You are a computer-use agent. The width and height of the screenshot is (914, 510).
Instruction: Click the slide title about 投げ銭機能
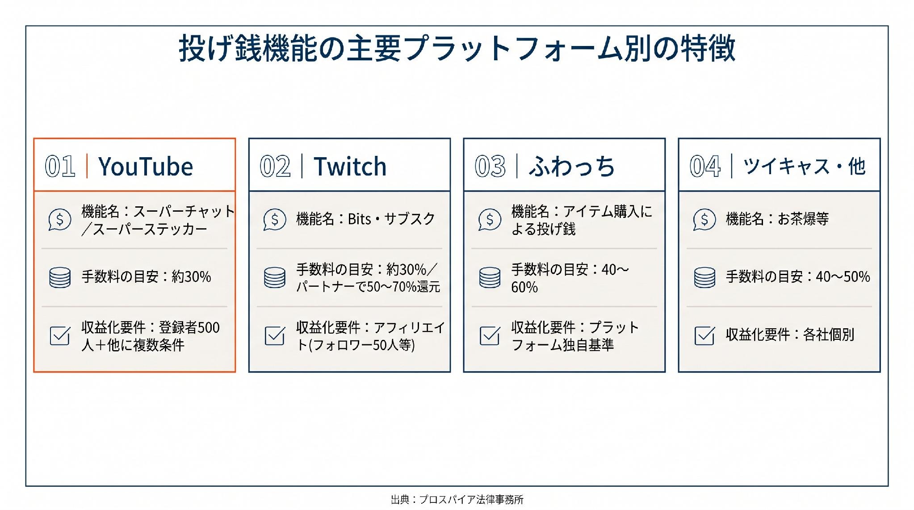click(x=457, y=48)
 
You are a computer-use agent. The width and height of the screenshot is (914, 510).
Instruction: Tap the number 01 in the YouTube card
click(x=60, y=167)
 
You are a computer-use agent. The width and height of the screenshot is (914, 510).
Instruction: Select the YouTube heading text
click(x=146, y=167)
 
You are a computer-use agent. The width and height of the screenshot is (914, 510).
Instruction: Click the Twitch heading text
click(x=350, y=167)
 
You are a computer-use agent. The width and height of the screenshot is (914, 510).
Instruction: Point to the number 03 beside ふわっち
click(x=490, y=167)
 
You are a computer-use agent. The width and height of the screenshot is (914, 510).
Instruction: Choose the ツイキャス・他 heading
click(x=804, y=167)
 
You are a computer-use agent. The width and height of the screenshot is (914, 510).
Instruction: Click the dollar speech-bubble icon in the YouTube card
click(x=60, y=220)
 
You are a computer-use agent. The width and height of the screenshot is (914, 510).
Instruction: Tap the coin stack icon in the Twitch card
click(x=275, y=277)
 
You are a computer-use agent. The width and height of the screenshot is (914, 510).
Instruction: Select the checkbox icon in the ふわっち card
click(x=490, y=335)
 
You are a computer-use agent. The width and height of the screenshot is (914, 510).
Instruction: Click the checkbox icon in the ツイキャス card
click(x=705, y=335)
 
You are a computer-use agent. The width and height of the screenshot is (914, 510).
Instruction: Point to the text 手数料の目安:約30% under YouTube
click(x=146, y=277)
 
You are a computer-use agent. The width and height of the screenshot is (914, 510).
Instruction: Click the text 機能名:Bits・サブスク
click(x=365, y=219)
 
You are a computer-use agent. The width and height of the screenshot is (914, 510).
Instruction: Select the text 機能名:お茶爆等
click(x=777, y=219)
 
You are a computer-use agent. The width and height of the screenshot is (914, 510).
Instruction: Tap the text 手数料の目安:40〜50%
click(x=798, y=277)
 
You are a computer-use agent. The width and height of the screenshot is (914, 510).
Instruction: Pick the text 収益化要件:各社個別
click(x=790, y=334)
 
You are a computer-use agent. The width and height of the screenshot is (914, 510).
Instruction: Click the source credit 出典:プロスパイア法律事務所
click(x=457, y=499)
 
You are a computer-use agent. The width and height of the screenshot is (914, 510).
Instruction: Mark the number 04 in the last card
click(x=705, y=167)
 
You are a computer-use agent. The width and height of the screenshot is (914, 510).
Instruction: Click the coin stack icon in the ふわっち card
click(x=490, y=277)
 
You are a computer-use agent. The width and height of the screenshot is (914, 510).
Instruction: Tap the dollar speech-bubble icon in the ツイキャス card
click(x=704, y=220)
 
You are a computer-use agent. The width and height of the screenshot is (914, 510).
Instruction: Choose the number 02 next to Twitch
click(x=275, y=167)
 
